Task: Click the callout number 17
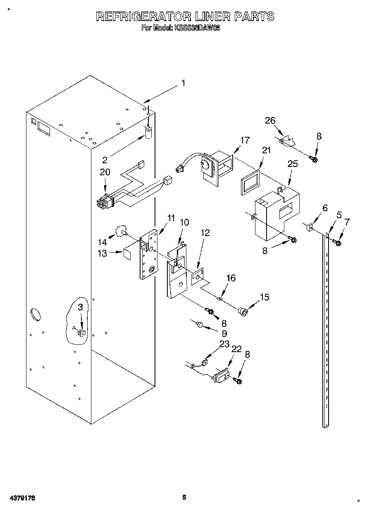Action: [x=245, y=140]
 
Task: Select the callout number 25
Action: [x=293, y=164]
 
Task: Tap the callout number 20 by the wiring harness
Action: [x=105, y=172]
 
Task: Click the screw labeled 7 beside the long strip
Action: [x=337, y=243]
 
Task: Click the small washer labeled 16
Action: [x=221, y=297]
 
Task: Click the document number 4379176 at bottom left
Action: [x=20, y=498]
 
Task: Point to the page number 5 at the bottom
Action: [x=184, y=498]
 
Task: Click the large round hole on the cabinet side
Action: [x=35, y=314]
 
